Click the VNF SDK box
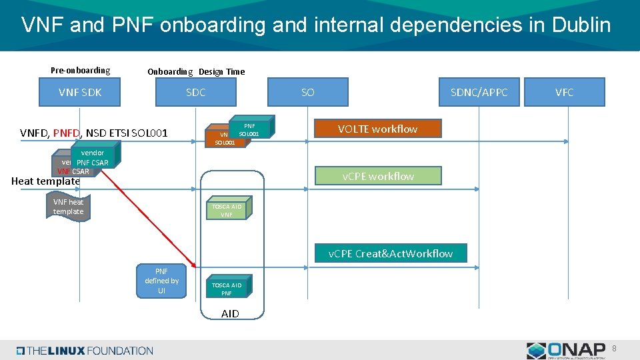pos(80,92)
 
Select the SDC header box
pos(195,92)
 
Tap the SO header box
pos(307,92)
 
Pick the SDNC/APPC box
pos(479,92)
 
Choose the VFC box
pos(564,92)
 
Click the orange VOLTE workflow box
pos(377,129)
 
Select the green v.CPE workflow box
pos(378,176)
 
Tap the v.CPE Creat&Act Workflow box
pos(391,253)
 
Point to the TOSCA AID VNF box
pos(227,210)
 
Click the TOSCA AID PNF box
pos(227,289)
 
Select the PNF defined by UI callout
pos(161,281)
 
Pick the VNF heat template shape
pos(69,207)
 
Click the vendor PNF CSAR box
pos(92,158)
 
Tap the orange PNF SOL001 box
pos(249,129)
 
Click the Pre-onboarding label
pos(80,71)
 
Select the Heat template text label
pos(45,181)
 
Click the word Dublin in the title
pos(577,25)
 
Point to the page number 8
pos(614,347)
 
